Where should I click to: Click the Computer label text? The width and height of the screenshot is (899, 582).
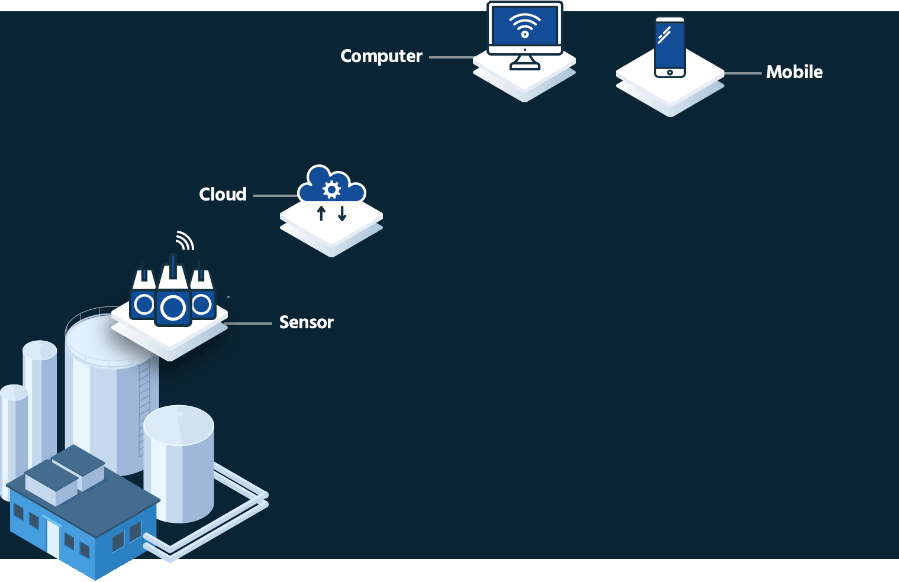pyautogui.click(x=381, y=56)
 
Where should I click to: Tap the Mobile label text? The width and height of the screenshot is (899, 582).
pyautogui.click(x=794, y=72)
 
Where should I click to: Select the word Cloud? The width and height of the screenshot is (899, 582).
pyautogui.click(x=223, y=195)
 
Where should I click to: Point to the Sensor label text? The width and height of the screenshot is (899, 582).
pyautogui.click(x=306, y=322)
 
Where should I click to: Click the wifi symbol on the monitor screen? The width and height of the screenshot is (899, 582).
pyautogui.click(x=525, y=26)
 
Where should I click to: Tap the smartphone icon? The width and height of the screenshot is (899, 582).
pyautogui.click(x=669, y=47)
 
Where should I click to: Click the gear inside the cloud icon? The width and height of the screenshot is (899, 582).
pyautogui.click(x=331, y=189)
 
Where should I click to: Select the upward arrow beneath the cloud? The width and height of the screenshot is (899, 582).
pyautogui.click(x=321, y=214)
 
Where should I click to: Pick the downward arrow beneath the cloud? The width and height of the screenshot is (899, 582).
pyautogui.click(x=342, y=214)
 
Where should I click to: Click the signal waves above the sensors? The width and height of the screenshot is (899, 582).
pyautogui.click(x=185, y=241)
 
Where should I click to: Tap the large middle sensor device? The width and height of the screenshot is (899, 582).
pyautogui.click(x=173, y=299)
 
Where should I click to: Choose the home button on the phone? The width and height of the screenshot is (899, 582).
pyautogui.click(x=669, y=72)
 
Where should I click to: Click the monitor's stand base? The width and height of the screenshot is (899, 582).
pyautogui.click(x=525, y=66)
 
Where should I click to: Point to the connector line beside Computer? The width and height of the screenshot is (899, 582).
pyautogui.click(x=451, y=57)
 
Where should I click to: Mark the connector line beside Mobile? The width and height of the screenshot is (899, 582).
pyautogui.click(x=743, y=73)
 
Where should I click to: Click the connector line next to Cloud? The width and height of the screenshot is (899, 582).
pyautogui.click(x=275, y=196)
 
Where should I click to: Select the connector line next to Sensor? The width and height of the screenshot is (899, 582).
pyautogui.click(x=249, y=324)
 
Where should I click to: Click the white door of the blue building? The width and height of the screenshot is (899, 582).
pyautogui.click(x=53, y=538)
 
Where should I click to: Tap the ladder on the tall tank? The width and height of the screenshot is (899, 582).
pyautogui.click(x=144, y=408)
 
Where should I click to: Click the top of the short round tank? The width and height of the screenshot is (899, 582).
pyautogui.click(x=178, y=424)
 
